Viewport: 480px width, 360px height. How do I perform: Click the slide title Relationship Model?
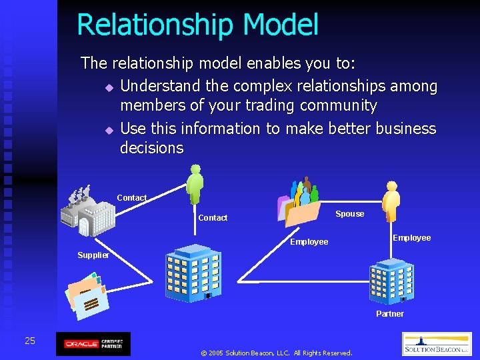pyautogui.click(x=197, y=25)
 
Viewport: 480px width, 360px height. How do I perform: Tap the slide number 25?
pyautogui.click(x=30, y=341)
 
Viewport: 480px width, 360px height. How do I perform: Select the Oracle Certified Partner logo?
pyautogui.click(x=93, y=344)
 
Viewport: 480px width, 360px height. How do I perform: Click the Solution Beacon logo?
pyautogui.click(x=436, y=344)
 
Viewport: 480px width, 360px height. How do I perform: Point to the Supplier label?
pyautogui.click(x=93, y=255)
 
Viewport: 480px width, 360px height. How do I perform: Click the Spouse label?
pyautogui.click(x=349, y=214)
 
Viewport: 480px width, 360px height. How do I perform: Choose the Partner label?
pyautogui.click(x=390, y=314)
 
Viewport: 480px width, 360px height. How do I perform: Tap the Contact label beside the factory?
pyautogui.click(x=131, y=198)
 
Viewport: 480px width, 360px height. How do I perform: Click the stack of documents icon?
pyautogui.click(x=86, y=295)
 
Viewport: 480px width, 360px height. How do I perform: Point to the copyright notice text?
pyautogui.click(x=276, y=353)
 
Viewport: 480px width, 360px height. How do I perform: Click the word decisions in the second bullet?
pyautogui.click(x=151, y=148)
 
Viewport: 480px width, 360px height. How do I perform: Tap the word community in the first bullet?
pyautogui.click(x=339, y=106)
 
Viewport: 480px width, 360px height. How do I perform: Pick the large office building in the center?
pyautogui.click(x=193, y=273)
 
